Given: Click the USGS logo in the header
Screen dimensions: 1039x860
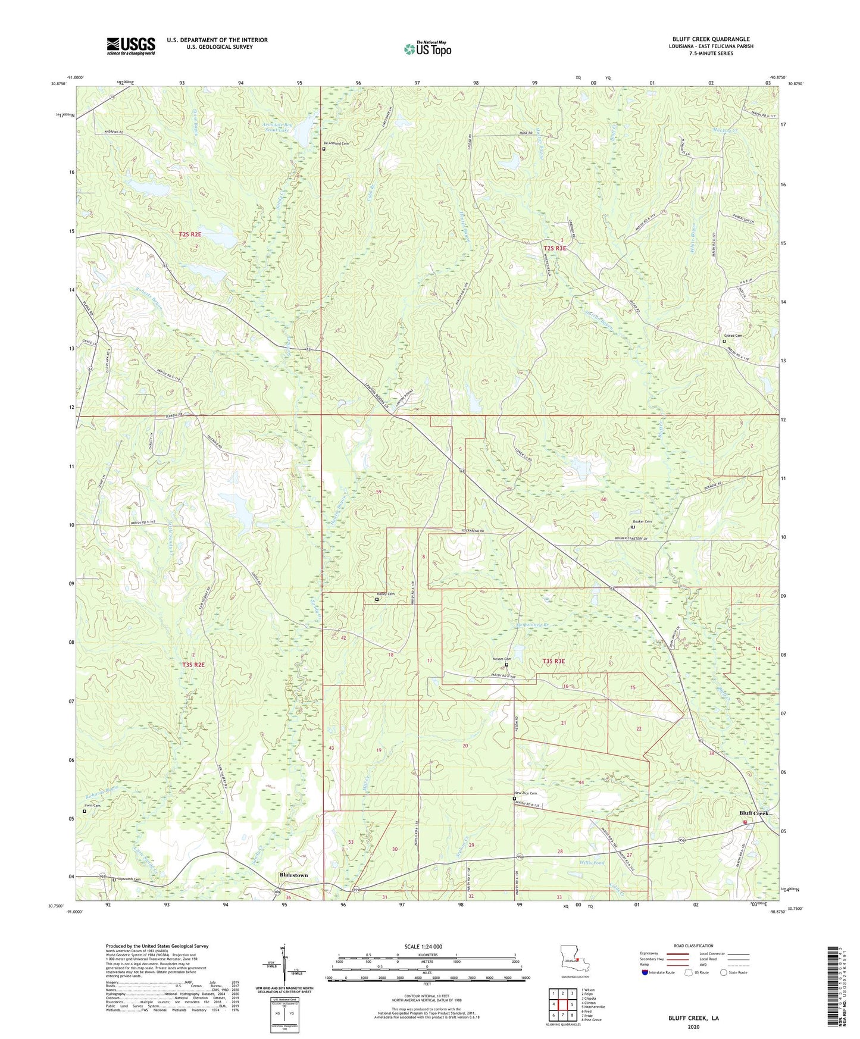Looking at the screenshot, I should (131, 46).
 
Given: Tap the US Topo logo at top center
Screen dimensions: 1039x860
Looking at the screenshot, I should (427, 49).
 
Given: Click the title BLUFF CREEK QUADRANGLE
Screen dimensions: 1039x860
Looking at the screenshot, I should (711, 39).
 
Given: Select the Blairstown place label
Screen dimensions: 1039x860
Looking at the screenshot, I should (294, 875).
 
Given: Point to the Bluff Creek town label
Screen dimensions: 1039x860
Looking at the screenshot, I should (754, 813).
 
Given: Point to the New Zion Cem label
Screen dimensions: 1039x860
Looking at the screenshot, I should (526, 793).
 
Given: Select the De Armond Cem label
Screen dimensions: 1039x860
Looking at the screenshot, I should (334, 143).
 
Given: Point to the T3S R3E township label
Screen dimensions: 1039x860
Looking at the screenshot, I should (553, 661).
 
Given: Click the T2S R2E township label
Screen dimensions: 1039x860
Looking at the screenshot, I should (190, 234).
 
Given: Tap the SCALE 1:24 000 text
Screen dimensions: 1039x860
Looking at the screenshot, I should (423, 946).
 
